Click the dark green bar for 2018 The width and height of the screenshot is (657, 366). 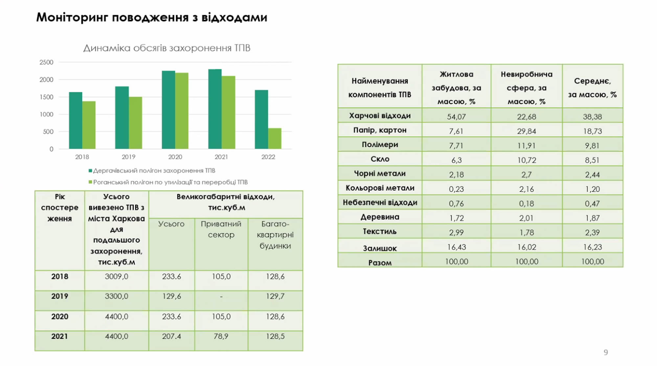click(x=76, y=120)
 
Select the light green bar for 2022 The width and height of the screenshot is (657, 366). click(x=275, y=139)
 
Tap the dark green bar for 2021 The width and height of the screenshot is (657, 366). click(x=215, y=109)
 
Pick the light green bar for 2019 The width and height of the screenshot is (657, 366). click(x=135, y=123)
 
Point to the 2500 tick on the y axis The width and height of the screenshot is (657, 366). click(x=46, y=62)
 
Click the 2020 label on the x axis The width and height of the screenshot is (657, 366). click(x=175, y=157)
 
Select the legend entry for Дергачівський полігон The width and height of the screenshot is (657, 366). click(x=152, y=171)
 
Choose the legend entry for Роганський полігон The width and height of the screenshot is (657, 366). click(x=168, y=182)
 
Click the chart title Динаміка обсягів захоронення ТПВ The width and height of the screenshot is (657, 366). click(x=167, y=48)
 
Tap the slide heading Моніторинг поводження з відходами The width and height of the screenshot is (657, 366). click(x=151, y=17)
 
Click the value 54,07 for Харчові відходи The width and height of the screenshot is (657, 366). click(x=456, y=117)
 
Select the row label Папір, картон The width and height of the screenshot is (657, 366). click(x=380, y=130)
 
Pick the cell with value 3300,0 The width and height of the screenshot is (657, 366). click(x=116, y=296)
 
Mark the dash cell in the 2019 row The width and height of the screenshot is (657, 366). click(x=221, y=297)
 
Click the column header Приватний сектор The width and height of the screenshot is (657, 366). click(x=221, y=229)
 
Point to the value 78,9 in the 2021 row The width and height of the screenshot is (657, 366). click(x=221, y=336)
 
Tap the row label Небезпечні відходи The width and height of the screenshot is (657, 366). click(x=380, y=203)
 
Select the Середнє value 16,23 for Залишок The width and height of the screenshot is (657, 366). click(x=592, y=247)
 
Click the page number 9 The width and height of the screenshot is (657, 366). click(x=606, y=352)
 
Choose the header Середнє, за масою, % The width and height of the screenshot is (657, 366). click(x=592, y=88)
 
